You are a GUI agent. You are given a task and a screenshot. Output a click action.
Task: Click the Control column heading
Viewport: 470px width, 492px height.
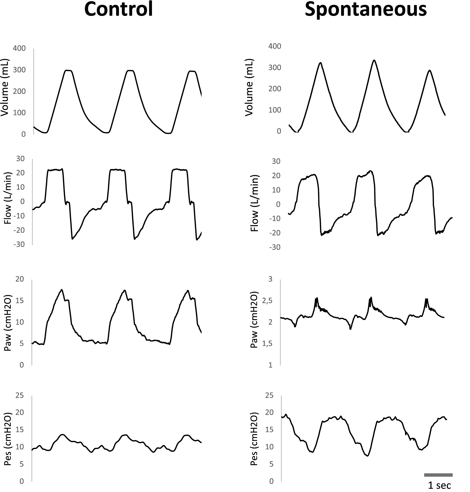[118, 10]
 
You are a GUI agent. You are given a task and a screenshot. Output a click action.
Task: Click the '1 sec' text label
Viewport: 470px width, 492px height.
[439, 485]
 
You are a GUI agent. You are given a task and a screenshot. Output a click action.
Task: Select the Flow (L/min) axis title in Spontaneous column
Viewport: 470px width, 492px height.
[255, 203]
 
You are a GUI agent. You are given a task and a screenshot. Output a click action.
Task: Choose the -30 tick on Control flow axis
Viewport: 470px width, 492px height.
[19, 244]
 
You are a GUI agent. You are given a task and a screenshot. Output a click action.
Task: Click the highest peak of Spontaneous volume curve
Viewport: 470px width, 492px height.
[374, 60]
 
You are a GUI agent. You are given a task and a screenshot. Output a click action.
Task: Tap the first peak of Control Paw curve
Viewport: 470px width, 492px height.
[62, 290]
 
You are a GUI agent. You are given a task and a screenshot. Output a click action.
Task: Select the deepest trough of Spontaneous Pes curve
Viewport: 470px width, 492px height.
[367, 456]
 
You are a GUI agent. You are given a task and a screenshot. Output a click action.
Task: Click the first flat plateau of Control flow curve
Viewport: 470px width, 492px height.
[55, 170]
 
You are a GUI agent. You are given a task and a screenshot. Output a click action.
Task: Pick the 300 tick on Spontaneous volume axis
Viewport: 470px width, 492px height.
[274, 67]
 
